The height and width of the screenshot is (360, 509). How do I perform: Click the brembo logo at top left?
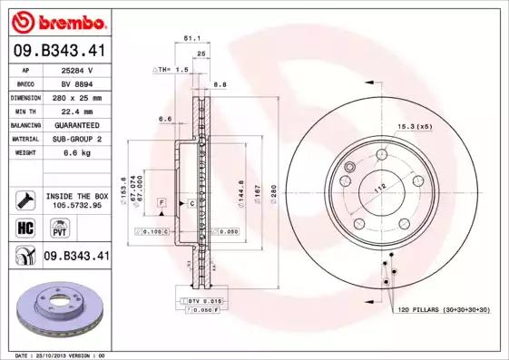tap(59, 20)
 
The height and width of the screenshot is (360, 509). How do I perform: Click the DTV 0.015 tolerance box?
tap(203, 300)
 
